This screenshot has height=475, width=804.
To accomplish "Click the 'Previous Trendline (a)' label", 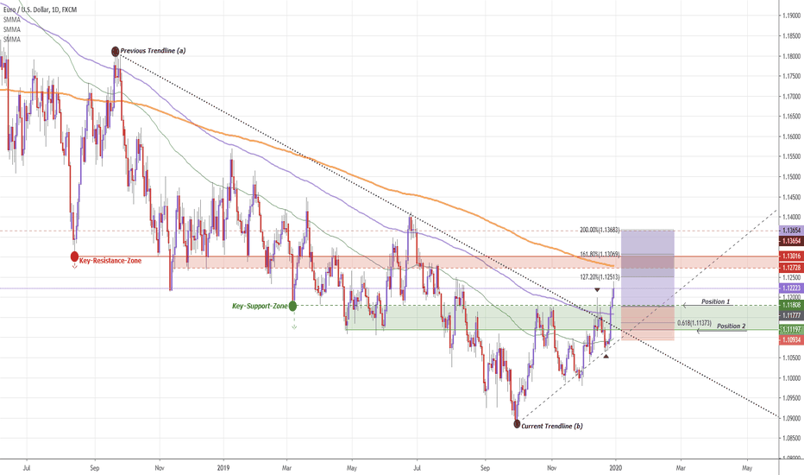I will pyautogui.click(x=154, y=51).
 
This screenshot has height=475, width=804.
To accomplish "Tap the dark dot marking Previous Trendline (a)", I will pyautogui.click(x=116, y=51).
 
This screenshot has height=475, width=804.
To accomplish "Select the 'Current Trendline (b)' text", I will pyautogui.click(x=553, y=427).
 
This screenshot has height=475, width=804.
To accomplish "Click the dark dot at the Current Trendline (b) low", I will pyautogui.click(x=517, y=424).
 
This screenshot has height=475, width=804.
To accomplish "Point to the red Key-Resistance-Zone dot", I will pyautogui.click(x=73, y=256).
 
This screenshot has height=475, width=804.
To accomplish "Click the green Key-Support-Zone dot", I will pyautogui.click(x=293, y=306).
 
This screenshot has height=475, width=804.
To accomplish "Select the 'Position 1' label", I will pyautogui.click(x=715, y=302).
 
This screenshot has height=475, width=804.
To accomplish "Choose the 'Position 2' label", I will pyautogui.click(x=732, y=326).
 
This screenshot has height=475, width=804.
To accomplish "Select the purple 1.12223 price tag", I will pyautogui.click(x=789, y=288).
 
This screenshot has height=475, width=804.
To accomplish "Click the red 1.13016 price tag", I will pyautogui.click(x=789, y=256).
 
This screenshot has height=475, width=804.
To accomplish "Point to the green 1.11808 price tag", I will pyautogui.click(x=789, y=305).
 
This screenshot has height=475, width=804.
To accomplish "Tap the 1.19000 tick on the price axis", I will pyautogui.click(x=789, y=16).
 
